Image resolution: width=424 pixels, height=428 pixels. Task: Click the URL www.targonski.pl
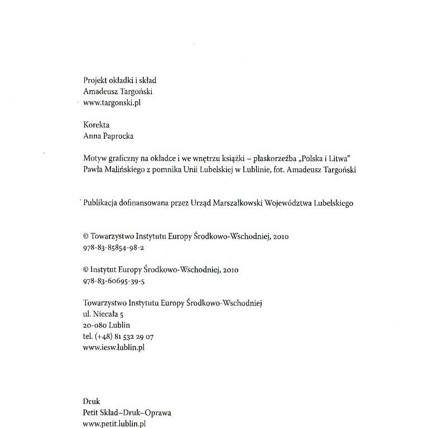[x=110, y=103]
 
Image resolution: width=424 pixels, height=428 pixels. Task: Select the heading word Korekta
[x=96, y=125]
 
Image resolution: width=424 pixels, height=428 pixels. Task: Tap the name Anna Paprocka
[x=108, y=137]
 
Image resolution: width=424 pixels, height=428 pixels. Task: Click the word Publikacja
[x=103, y=203]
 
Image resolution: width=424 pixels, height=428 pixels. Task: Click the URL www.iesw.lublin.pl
[x=114, y=347]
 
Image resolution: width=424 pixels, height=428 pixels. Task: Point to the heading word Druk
[x=91, y=401]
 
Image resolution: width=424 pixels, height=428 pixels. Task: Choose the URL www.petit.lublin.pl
[x=114, y=424]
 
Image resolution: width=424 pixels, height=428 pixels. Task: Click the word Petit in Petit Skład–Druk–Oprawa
[x=90, y=413]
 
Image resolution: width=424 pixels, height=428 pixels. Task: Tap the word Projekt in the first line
[x=95, y=81]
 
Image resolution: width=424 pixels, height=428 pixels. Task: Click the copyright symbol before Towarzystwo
[x=85, y=236]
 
